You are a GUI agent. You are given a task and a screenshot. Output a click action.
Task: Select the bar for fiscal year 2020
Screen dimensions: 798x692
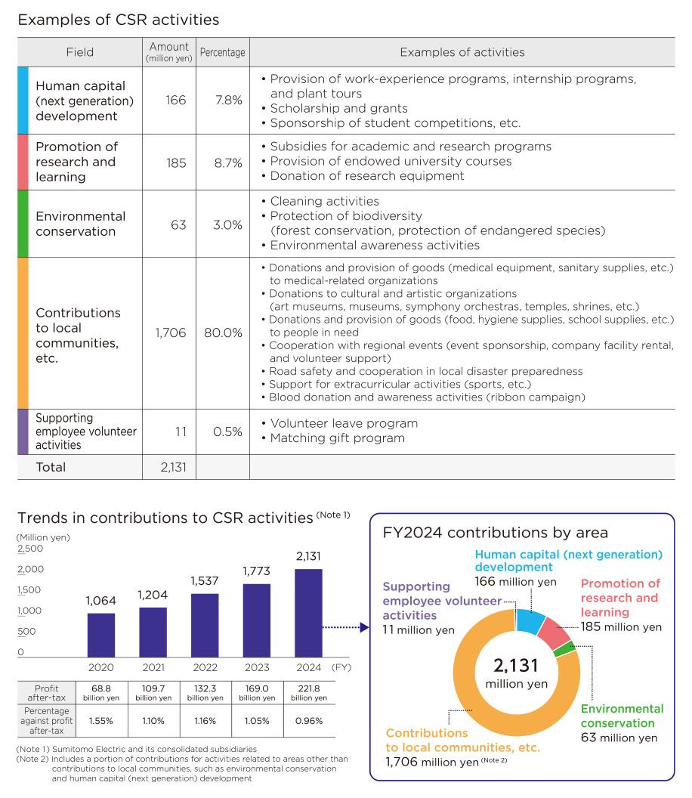[x=101, y=635]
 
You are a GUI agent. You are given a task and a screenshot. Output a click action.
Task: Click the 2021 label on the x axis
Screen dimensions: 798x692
[x=152, y=668]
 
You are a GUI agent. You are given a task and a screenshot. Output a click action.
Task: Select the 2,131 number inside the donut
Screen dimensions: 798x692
[x=516, y=666]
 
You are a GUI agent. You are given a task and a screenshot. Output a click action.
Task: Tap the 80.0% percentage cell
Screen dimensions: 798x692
[x=222, y=332]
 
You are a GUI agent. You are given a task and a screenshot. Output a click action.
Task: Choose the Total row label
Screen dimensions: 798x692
[x=51, y=467]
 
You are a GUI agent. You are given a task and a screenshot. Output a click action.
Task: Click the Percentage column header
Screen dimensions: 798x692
[x=222, y=53]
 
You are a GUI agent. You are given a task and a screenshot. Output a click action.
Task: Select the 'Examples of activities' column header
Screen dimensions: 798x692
[x=462, y=53]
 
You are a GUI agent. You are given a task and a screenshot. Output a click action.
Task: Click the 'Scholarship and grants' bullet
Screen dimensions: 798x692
[x=338, y=109]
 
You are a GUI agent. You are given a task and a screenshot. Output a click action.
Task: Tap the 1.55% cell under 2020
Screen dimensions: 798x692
[x=101, y=720]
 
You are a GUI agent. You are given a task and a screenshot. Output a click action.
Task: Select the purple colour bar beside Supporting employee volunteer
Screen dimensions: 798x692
[x=23, y=432]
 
